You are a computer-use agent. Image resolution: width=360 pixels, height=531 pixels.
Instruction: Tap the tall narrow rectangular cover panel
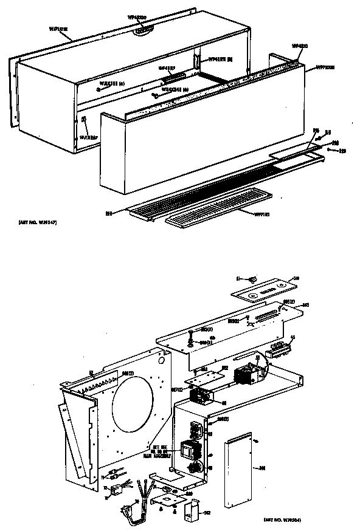click(x=239, y=470)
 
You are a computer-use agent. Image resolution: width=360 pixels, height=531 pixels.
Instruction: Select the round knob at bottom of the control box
click(x=195, y=468)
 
